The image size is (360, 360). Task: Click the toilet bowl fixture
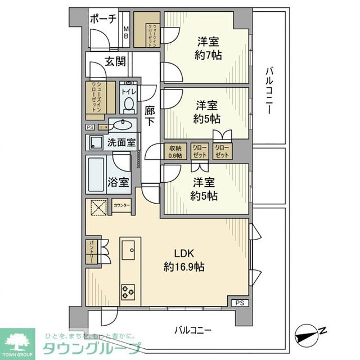tap(128, 104)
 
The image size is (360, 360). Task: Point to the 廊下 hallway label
tap(150, 116)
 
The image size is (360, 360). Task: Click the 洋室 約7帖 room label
tap(208, 48)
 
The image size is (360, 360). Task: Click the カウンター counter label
tap(121, 206)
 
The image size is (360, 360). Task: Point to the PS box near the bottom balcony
tap(240, 303)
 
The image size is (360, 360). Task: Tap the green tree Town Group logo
tap(17, 340)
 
